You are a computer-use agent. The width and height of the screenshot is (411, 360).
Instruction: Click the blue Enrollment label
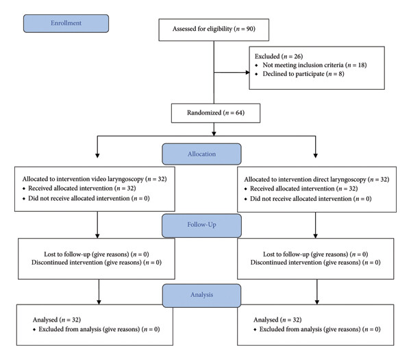tap(66, 23)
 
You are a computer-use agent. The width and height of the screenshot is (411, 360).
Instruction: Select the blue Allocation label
tap(201, 154)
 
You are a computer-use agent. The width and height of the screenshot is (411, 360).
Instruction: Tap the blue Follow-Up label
tap(201, 225)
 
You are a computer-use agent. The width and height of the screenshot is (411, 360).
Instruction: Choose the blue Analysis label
tap(201, 295)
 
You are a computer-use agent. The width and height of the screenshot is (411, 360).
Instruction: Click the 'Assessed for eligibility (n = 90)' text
tap(214, 29)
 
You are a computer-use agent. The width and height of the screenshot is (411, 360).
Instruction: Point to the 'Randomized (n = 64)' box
tap(216, 113)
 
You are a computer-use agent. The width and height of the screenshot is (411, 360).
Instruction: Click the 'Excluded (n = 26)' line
tap(279, 56)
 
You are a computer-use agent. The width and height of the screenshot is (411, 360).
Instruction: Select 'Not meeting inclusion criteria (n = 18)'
tap(314, 65)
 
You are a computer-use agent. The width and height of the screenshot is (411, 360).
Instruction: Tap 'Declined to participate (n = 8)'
tap(303, 74)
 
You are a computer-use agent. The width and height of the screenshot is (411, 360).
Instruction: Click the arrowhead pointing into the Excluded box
tap(248, 73)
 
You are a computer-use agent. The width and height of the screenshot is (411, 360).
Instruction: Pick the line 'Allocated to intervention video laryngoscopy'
tap(83, 179)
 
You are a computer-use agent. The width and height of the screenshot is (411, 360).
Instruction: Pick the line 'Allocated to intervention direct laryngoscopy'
tap(305, 180)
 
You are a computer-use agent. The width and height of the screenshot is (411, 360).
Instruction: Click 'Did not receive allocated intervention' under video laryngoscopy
tap(79, 198)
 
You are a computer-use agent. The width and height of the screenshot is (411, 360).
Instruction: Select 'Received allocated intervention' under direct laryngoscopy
tap(292, 189)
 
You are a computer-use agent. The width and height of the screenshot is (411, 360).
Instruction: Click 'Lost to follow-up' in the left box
tap(67, 254)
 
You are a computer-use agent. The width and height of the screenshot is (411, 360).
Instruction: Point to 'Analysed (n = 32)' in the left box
tap(57, 320)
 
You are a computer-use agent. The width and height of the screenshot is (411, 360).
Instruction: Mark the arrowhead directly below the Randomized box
tap(214, 134)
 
